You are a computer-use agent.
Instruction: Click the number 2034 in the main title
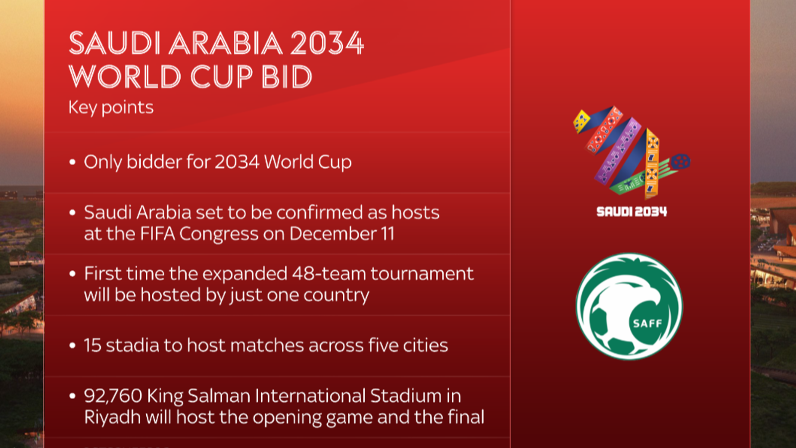point(326,43)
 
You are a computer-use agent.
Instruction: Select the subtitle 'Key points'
point(111,108)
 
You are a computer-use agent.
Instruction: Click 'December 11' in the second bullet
point(342,234)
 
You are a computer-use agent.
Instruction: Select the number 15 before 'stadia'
point(93,345)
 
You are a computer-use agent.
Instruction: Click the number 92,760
point(113,396)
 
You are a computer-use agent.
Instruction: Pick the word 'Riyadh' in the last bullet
point(112,417)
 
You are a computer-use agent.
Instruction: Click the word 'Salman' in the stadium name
point(219,396)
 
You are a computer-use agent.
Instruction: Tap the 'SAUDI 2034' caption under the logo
point(631,212)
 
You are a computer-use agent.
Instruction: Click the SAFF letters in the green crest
point(647,324)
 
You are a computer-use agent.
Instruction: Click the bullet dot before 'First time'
point(73,274)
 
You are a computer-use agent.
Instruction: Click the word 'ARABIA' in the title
point(226,43)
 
